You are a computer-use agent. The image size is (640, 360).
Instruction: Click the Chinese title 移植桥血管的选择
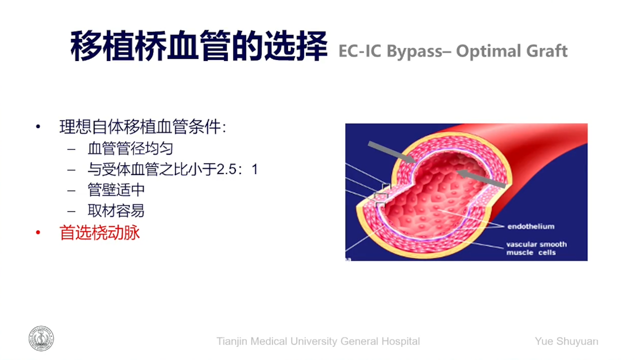click(198, 46)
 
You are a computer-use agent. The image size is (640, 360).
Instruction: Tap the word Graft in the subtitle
click(547, 51)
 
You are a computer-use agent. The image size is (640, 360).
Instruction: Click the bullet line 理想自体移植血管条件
click(142, 126)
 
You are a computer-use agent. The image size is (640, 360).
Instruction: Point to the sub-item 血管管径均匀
click(130, 148)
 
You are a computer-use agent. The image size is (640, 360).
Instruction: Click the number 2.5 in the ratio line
click(226, 169)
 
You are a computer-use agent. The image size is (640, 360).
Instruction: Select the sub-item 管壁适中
click(116, 190)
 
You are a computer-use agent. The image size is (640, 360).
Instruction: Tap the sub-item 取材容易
click(116, 211)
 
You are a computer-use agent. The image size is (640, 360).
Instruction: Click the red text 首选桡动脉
click(99, 232)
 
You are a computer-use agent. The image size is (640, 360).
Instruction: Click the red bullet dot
click(38, 233)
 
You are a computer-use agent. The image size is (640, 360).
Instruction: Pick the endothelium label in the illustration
click(531, 226)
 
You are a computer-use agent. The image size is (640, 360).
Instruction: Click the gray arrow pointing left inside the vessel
click(481, 178)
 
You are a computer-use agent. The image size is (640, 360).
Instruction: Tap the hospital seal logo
click(41, 338)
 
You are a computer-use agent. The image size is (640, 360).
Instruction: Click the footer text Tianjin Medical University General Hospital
click(318, 341)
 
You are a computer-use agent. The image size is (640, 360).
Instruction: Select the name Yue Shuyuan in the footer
click(566, 341)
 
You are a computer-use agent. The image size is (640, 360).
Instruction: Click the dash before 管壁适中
click(71, 190)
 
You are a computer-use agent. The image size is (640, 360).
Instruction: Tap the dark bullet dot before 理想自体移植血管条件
click(38, 126)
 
